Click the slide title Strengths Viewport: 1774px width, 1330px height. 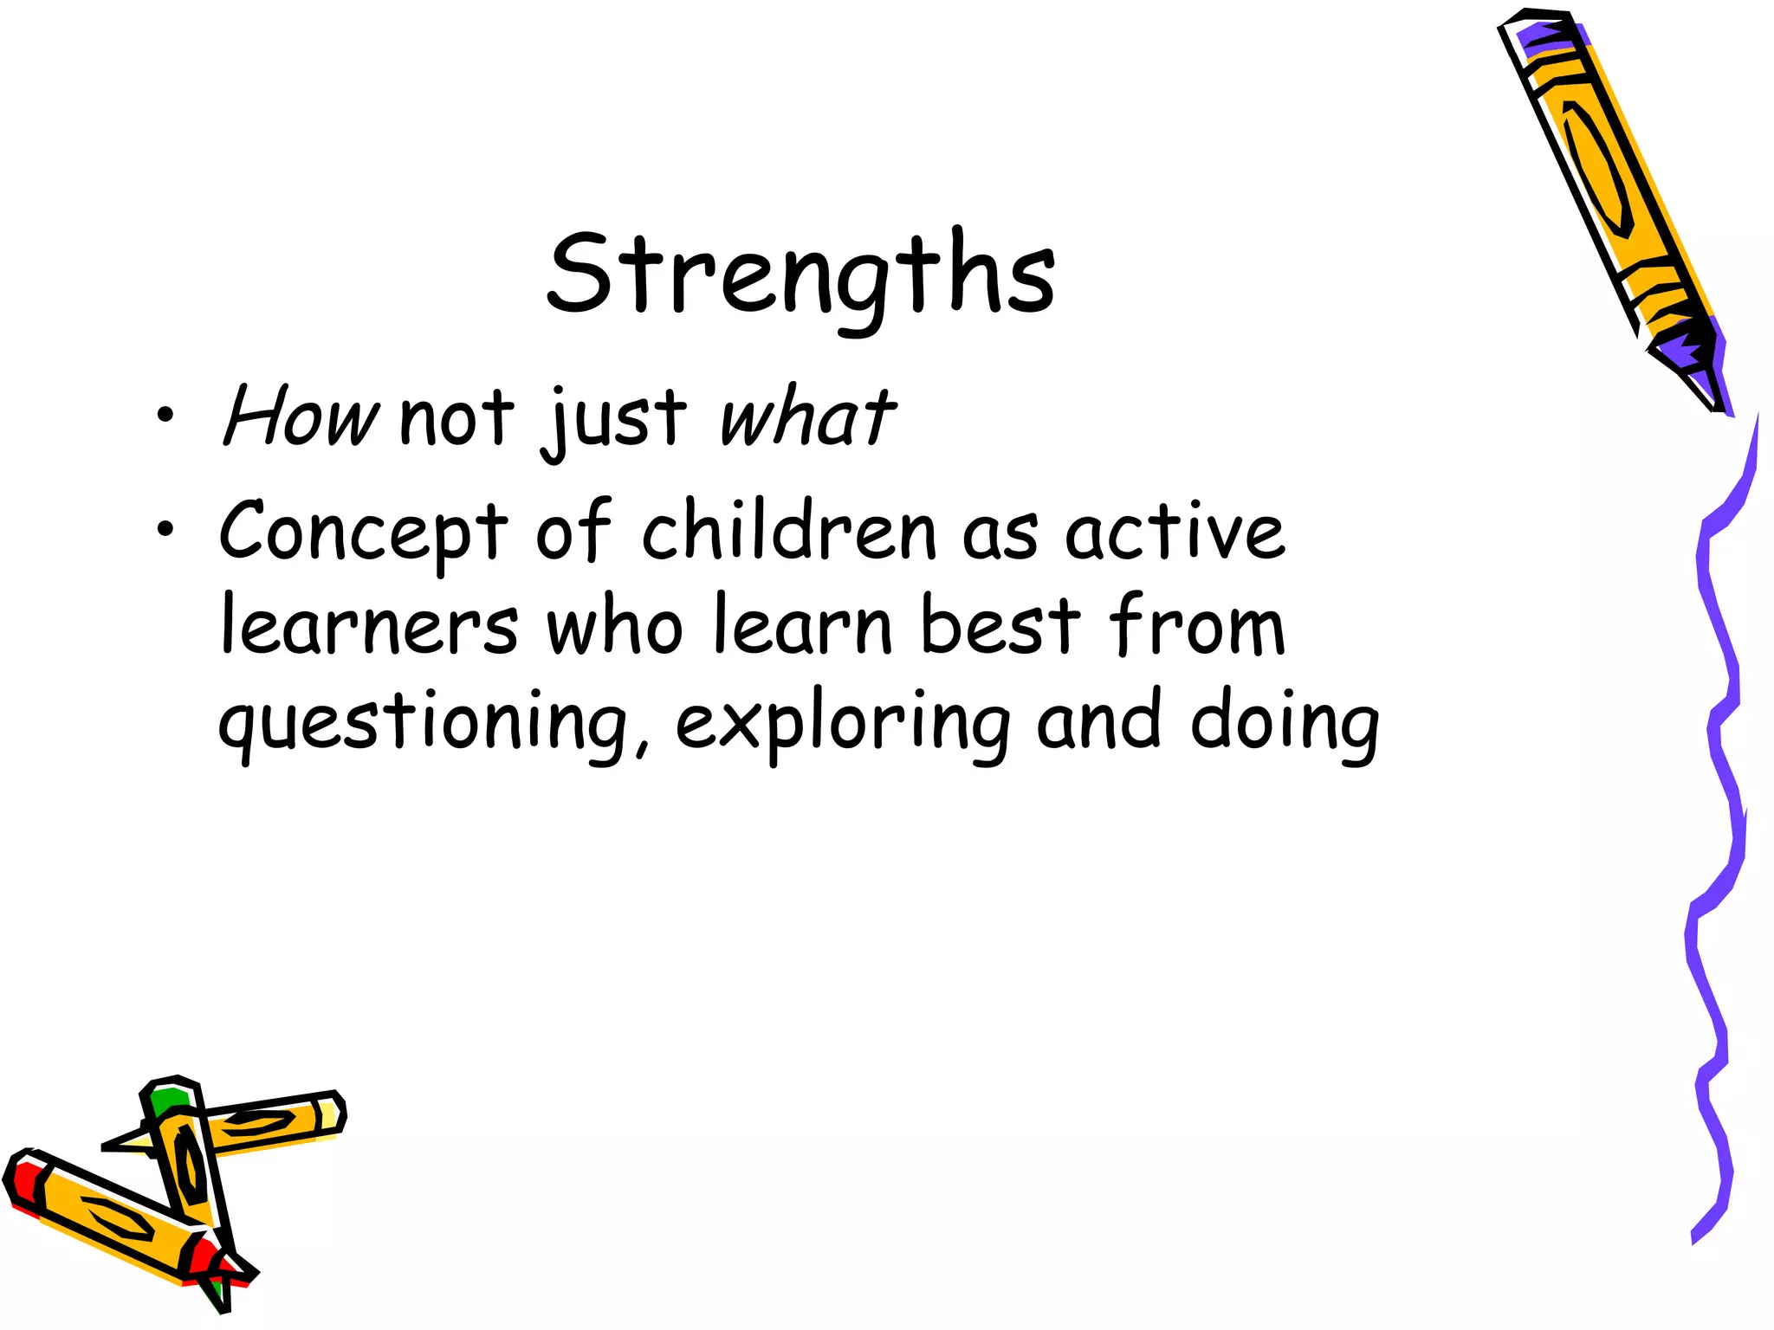tap(801, 275)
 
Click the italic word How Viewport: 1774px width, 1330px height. tap(300, 417)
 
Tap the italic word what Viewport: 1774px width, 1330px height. tap(806, 417)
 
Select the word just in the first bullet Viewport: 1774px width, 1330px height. tap(613, 420)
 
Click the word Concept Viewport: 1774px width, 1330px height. tap(363, 532)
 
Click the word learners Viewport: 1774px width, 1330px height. tap(370, 625)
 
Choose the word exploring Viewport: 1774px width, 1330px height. tap(842, 724)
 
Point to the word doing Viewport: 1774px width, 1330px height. tap(1284, 724)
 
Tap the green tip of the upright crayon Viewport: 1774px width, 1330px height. tap(167, 1101)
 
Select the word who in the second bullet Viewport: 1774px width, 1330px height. tap(614, 625)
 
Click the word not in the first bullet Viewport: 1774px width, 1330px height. tap(456, 419)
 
